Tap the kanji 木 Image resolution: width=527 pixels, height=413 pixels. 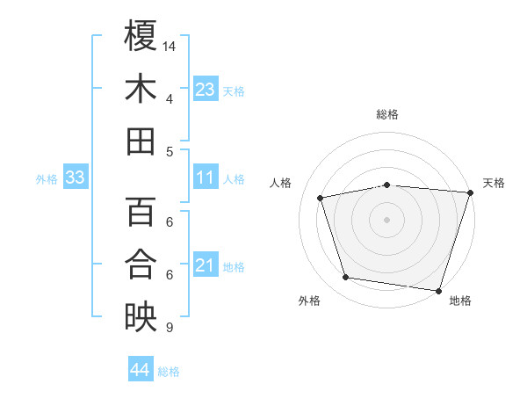coord(141,89)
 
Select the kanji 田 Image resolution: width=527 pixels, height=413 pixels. coord(141,141)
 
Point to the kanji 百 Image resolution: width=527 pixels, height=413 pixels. coord(141,212)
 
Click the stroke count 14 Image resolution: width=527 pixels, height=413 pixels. coord(170,45)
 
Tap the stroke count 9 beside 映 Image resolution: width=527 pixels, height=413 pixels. coord(169,328)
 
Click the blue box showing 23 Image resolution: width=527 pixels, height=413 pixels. coord(206,89)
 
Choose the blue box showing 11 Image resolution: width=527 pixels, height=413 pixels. coord(206,178)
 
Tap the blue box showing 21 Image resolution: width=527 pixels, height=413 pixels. coord(206,265)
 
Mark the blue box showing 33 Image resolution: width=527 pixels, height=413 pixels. coord(75,178)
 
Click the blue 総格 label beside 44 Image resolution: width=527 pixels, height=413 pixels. coord(169,372)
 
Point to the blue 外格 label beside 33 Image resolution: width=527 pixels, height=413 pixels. coord(47,179)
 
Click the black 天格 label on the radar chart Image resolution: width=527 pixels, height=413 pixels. coord(495,183)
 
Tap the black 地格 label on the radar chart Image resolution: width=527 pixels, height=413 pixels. coord(460,301)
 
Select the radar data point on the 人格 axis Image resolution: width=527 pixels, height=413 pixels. coord(321,198)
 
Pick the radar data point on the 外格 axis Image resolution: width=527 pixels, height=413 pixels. coord(346,278)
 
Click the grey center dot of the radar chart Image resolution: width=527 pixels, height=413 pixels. coord(386,219)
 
